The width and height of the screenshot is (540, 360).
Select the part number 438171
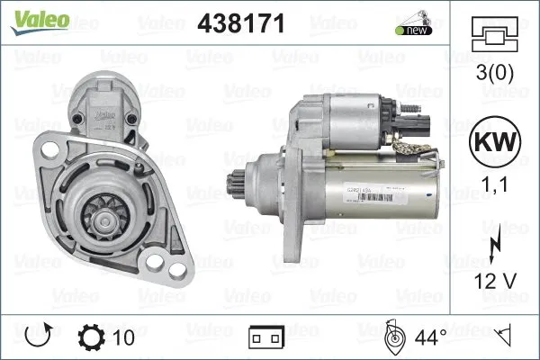[x=239, y=24]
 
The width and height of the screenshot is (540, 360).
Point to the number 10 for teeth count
[x=125, y=338]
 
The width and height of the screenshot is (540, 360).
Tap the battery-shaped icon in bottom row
[x=265, y=339]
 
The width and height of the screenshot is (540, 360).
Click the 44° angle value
[x=431, y=338]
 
